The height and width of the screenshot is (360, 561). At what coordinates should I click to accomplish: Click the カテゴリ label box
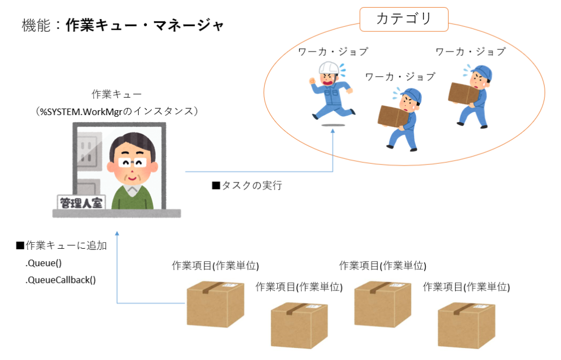coord(404,19)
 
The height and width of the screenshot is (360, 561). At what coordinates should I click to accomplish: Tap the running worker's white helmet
coord(329,68)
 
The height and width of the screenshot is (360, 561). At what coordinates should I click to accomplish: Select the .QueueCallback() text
coord(60,280)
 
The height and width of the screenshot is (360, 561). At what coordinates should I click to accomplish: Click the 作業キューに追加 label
coord(61,245)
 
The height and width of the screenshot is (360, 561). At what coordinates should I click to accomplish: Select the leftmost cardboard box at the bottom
coord(215,304)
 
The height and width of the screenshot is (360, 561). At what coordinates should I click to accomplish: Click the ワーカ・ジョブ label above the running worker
coord(333,52)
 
